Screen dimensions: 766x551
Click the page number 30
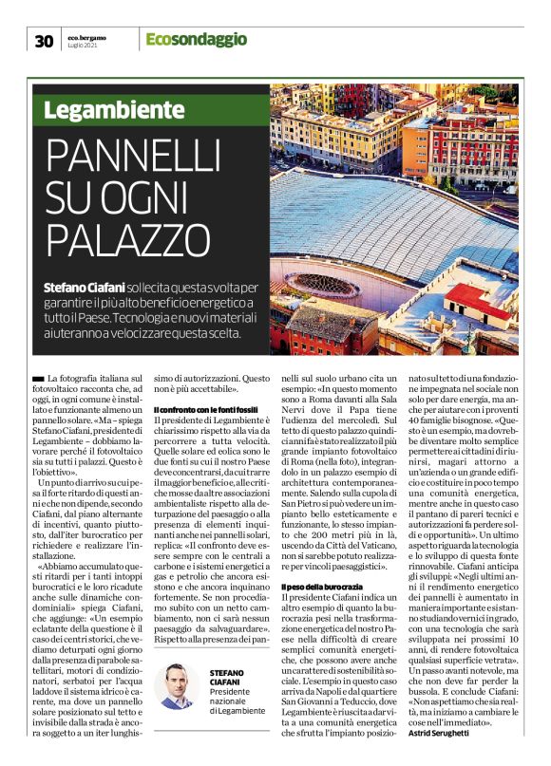(x=43, y=40)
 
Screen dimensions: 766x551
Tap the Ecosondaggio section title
(x=196, y=39)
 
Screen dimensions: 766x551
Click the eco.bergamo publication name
(x=87, y=35)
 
